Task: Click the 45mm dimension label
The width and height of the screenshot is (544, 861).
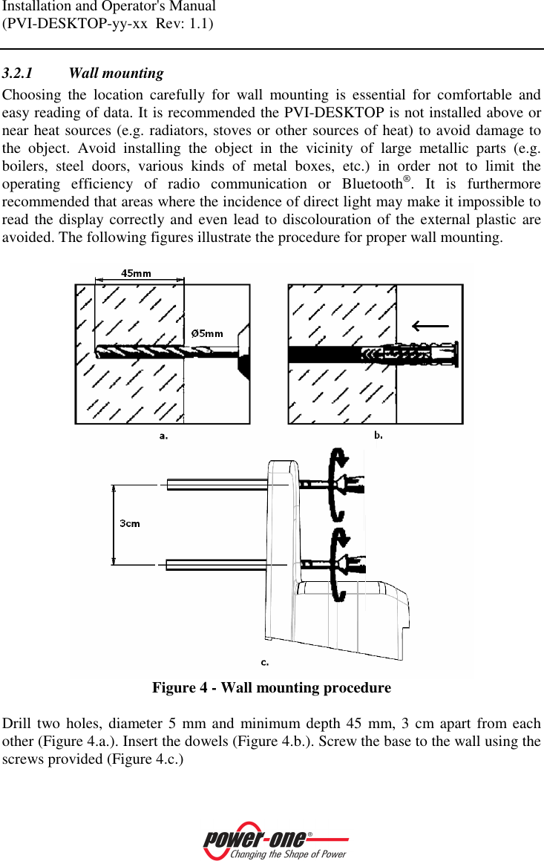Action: coord(136,273)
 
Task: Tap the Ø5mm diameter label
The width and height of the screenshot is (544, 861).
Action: coord(207,333)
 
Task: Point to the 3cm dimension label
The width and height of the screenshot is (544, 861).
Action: coord(130,523)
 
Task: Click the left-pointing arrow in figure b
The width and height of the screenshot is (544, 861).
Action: coord(430,325)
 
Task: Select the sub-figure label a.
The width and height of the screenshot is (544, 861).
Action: coord(163,436)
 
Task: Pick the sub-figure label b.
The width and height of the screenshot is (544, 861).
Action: coord(378,435)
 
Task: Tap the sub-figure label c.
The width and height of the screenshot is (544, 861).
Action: coord(265,661)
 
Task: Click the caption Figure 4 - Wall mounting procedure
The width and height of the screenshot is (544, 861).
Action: coord(272,688)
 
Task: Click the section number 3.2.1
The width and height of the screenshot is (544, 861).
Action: coord(17,73)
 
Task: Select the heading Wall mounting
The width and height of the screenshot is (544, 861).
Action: coord(116,73)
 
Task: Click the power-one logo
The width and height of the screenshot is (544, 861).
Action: coord(255,839)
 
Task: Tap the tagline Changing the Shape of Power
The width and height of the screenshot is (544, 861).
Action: coord(288,854)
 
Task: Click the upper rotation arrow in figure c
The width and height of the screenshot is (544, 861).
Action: coord(338,482)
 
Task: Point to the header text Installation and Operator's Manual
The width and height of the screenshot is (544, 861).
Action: coord(108,7)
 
